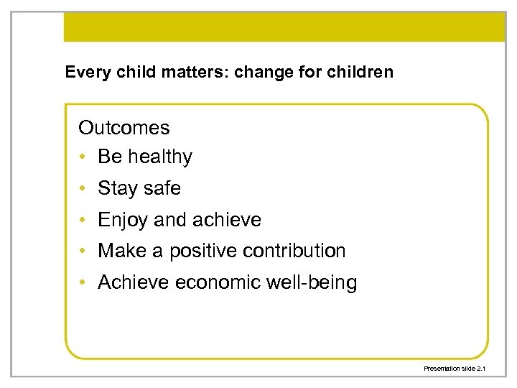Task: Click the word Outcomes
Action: point(124,128)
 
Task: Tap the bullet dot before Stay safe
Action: point(83,189)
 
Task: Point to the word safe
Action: point(162,188)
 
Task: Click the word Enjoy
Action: point(123,220)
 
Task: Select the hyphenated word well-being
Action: point(312,282)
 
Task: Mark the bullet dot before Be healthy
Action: point(83,157)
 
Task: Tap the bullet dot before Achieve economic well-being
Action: point(83,283)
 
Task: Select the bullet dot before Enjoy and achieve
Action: point(83,221)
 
